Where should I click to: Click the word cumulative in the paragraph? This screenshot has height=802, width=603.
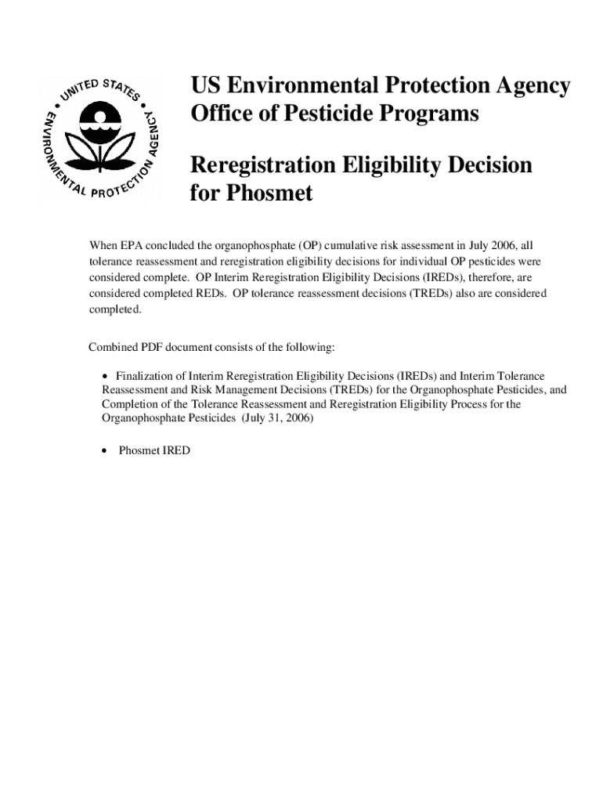[x=354, y=245]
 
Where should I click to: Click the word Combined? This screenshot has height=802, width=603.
[x=113, y=347]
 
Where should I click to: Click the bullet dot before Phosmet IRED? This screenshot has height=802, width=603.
[x=106, y=451]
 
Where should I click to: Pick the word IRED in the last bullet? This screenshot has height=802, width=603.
[x=175, y=451]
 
